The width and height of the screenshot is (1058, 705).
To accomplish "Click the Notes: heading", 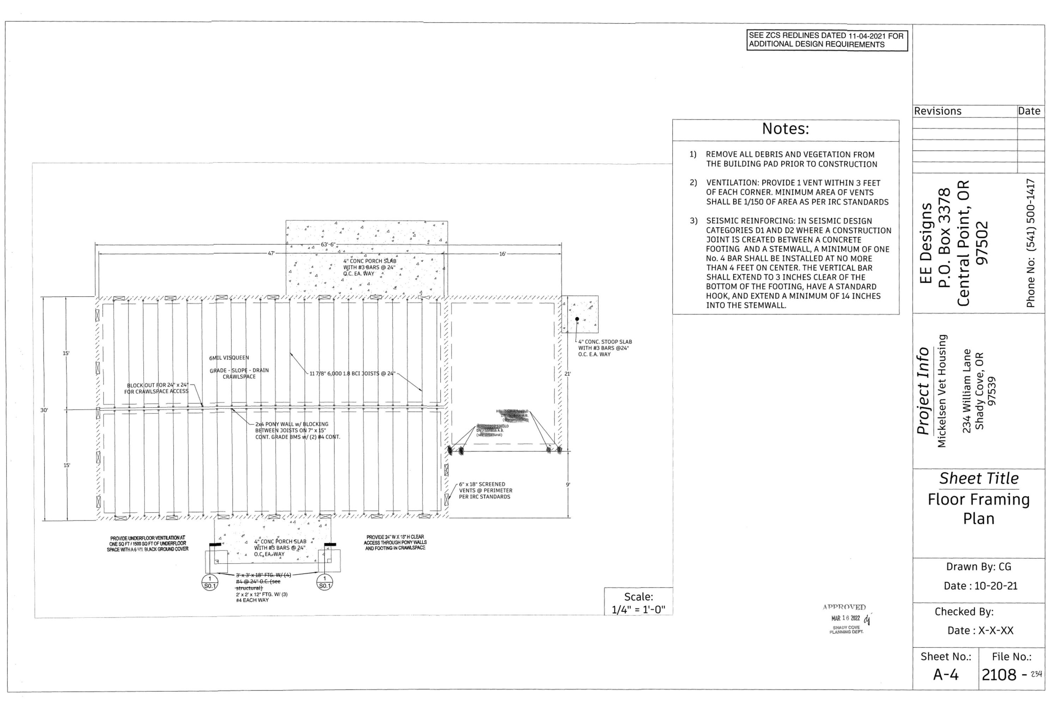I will click(x=785, y=129).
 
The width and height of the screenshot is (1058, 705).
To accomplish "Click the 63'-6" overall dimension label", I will click(x=328, y=245).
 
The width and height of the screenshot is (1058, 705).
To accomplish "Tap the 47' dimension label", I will click(x=271, y=253).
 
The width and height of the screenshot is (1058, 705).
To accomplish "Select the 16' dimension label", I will click(x=503, y=254).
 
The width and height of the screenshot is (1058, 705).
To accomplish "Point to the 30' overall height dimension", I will click(x=44, y=410).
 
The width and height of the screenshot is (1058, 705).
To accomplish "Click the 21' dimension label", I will click(x=568, y=374).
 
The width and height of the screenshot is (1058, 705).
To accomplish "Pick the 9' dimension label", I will click(x=568, y=485).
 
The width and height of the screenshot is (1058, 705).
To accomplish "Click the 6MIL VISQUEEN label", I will click(x=229, y=358).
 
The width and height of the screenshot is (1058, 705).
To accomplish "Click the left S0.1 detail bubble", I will click(x=210, y=582).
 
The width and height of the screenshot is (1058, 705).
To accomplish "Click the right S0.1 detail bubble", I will click(x=325, y=582).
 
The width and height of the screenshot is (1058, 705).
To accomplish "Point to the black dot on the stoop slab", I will click(x=577, y=319).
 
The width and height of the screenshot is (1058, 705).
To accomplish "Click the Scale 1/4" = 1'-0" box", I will click(x=638, y=602).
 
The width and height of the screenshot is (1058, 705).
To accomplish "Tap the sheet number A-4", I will click(x=945, y=674).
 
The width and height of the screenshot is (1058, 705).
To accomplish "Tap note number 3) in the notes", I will click(x=694, y=221).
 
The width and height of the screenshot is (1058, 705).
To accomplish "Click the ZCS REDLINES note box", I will click(x=827, y=40).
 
